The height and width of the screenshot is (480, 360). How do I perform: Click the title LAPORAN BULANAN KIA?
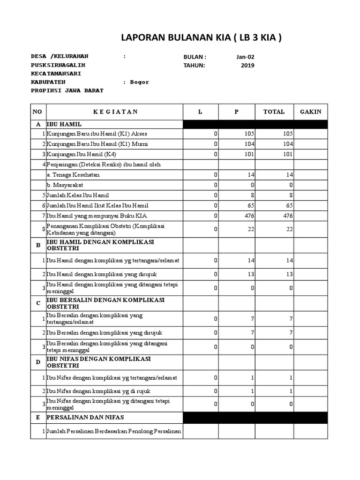[x=201, y=38]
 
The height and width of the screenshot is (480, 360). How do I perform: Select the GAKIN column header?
[x=311, y=112]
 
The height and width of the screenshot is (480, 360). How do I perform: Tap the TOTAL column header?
[x=274, y=112]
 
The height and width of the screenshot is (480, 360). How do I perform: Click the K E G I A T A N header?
[x=115, y=112]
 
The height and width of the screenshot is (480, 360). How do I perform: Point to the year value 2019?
[x=247, y=65]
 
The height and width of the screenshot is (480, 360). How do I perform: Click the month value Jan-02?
[x=246, y=57]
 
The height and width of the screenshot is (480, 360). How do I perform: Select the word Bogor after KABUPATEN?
[x=139, y=82]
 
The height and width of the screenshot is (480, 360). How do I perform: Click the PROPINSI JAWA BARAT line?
[x=67, y=90]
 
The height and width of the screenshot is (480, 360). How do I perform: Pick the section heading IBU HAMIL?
[x=64, y=124]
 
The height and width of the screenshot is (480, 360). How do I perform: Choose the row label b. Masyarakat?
[x=65, y=185]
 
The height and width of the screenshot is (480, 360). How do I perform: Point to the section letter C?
[x=38, y=303]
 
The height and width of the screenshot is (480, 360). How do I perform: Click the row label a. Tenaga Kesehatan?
[x=73, y=175]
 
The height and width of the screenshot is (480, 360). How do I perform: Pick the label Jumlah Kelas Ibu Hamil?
[x=76, y=195]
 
